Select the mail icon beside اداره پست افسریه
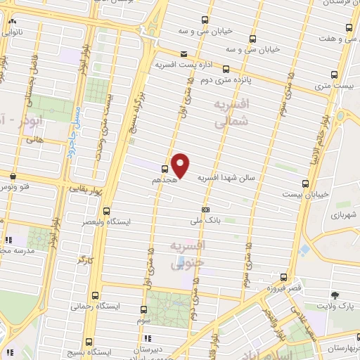[184, 53]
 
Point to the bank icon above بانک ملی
[205, 210]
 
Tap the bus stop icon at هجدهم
[165, 169]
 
